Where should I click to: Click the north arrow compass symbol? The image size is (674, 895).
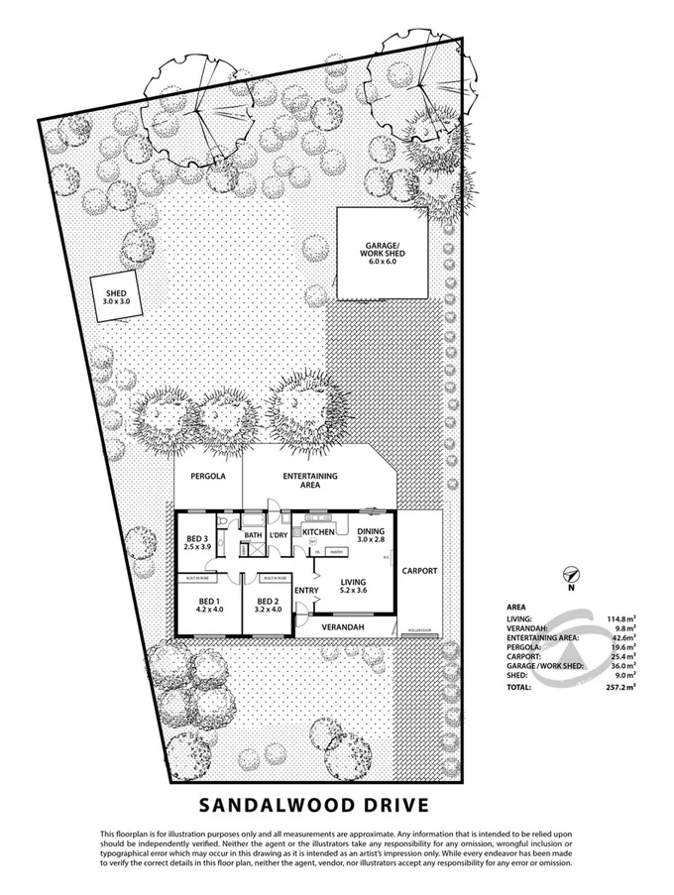coord(570,573)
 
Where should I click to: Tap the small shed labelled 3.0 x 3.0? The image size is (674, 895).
coord(118,294)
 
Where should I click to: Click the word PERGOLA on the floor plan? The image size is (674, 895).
coord(208,477)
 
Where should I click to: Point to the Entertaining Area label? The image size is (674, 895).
coord(310,482)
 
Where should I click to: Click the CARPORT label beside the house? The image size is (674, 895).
coord(419,572)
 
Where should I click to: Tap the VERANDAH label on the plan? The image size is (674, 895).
coord(345,628)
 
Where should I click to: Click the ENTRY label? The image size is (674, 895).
coord(307,592)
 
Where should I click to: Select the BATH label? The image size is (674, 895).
coord(253,535)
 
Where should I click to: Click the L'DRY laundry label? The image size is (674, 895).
coord(279,535)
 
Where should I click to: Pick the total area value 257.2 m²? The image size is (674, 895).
coord(622,686)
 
